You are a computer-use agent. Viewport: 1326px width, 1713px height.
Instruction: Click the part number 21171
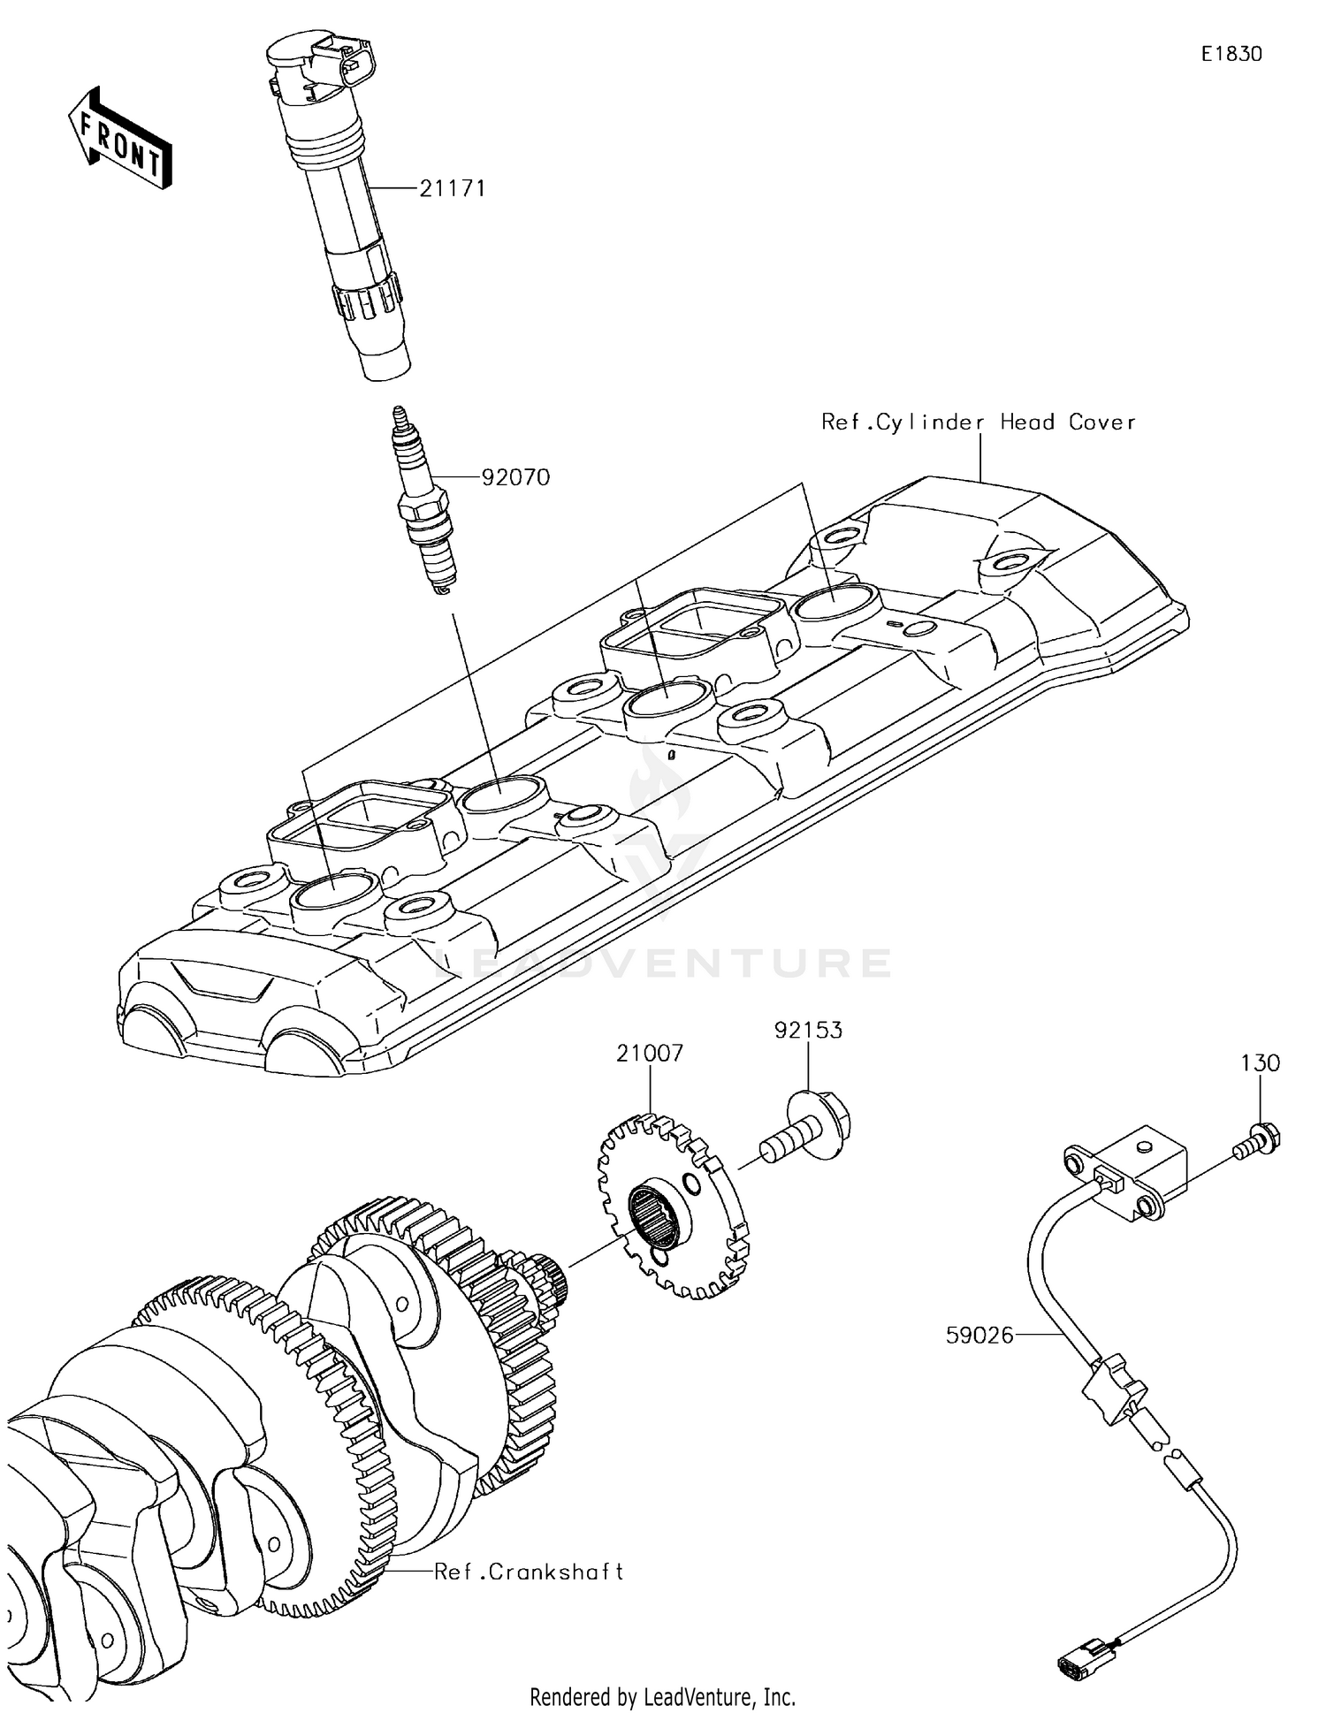pos(452,188)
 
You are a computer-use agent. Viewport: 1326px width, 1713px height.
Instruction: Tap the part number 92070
pos(515,477)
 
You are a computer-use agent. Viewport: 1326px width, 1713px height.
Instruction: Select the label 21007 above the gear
pos(650,1053)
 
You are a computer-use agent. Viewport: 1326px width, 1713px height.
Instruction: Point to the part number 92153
pos(808,1030)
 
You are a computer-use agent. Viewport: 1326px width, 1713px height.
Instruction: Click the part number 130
pos(1260,1062)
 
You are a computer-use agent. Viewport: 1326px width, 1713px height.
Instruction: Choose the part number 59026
pos(979,1336)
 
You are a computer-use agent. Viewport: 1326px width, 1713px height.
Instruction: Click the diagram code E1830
pos(1231,54)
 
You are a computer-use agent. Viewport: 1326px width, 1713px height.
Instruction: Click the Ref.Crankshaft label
pos(529,1572)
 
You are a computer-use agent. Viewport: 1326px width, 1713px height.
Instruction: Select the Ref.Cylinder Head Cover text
pos(978,422)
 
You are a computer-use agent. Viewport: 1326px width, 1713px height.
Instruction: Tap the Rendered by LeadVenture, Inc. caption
pos(662,1696)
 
